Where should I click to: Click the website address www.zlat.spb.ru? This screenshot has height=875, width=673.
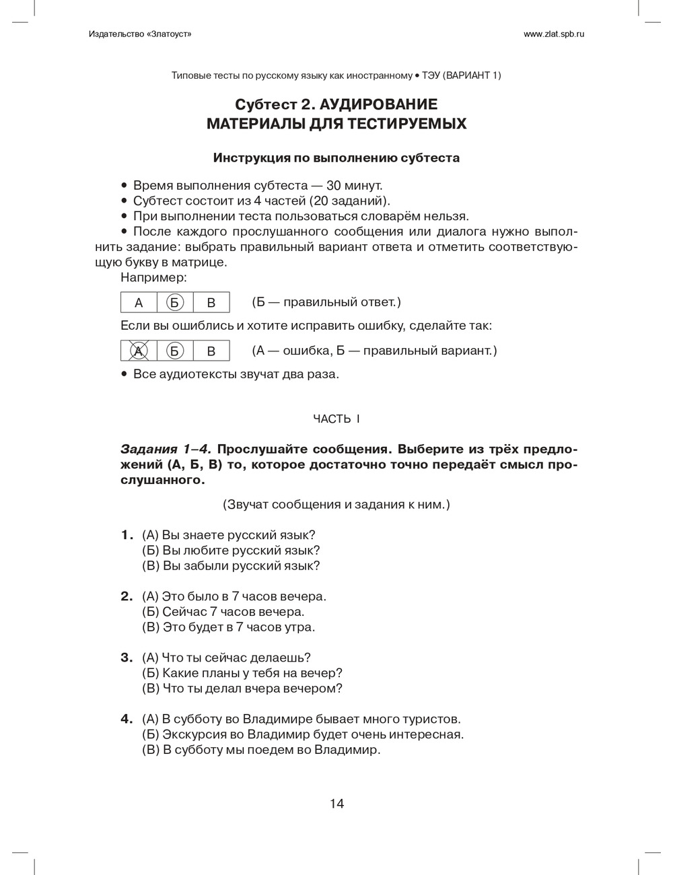[553, 34]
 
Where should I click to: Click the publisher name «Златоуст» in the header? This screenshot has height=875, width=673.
[164, 34]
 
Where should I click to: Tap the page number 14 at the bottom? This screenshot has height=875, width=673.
[336, 803]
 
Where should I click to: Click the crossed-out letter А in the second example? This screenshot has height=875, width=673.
[139, 351]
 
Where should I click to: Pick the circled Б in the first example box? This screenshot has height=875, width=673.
[174, 303]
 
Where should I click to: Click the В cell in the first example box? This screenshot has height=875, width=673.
[211, 303]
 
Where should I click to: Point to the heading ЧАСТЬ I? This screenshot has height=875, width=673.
[336, 419]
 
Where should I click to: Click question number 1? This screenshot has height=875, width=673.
[127, 535]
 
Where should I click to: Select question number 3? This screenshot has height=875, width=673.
[127, 658]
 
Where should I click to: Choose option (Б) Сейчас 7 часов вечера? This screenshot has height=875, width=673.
[223, 612]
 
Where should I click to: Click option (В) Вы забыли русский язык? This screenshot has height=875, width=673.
[231, 566]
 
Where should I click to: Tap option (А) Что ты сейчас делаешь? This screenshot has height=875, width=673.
[226, 658]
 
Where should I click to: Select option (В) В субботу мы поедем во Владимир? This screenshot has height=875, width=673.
[261, 750]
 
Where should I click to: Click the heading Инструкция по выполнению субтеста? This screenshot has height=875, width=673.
[336, 158]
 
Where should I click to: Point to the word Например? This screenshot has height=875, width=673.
[154, 277]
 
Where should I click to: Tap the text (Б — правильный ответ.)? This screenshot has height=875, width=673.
[326, 303]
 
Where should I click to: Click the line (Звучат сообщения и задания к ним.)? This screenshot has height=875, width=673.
[336, 504]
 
